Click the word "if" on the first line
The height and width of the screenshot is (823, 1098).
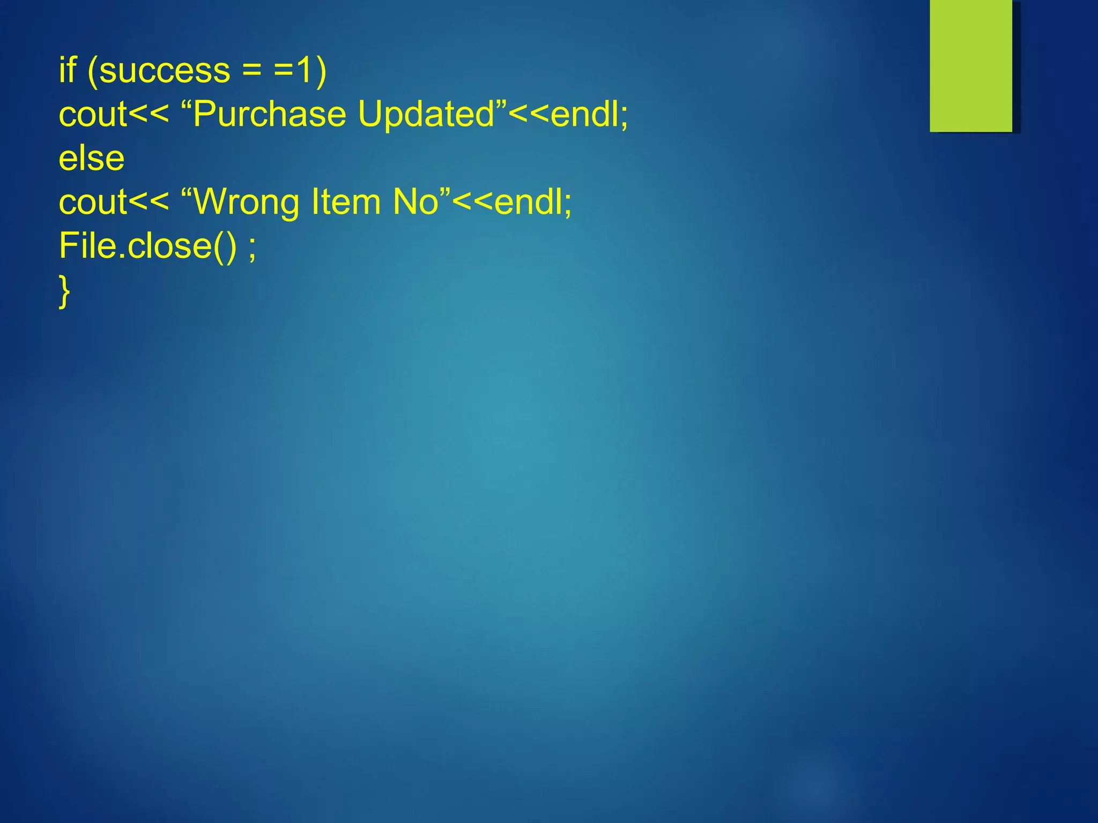[68, 70]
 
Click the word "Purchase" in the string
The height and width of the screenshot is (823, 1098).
[270, 114]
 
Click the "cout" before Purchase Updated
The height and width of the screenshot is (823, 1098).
[93, 114]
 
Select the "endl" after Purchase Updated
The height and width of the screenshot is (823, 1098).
[585, 114]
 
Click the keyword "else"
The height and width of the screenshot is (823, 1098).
[92, 158]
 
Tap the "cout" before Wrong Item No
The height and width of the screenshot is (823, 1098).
[93, 202]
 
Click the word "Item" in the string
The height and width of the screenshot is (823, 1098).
[346, 202]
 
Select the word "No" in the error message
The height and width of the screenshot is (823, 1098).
[416, 202]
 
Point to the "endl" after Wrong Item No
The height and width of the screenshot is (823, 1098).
[529, 202]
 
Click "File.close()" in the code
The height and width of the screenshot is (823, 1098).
[147, 246]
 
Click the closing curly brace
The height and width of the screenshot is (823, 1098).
[64, 291]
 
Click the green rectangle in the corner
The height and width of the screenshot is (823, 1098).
[971, 65]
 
